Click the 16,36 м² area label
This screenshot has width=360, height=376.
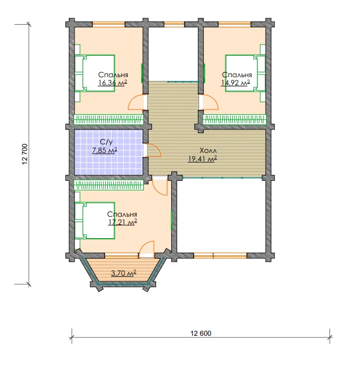(113, 83)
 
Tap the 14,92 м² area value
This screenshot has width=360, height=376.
(236, 83)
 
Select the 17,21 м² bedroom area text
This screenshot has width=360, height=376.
(122, 222)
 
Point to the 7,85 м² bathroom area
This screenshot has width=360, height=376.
(105, 150)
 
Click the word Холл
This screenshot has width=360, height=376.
(208, 151)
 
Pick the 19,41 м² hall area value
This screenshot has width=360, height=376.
(202, 159)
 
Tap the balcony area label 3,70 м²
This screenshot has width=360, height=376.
(124, 273)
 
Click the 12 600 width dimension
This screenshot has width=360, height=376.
(201, 333)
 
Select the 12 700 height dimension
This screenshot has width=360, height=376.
(25, 154)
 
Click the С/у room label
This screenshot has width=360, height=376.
(106, 142)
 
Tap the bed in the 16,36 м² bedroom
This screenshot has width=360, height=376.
(95, 73)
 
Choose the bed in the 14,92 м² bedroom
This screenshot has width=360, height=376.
(245, 73)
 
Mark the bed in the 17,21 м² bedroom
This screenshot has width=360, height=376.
(95, 220)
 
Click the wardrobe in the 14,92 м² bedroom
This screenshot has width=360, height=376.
(234, 120)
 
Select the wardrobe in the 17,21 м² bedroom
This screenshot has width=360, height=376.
(109, 185)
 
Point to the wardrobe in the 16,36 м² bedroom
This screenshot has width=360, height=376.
(108, 120)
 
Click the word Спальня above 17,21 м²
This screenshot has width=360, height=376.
(122, 214)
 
